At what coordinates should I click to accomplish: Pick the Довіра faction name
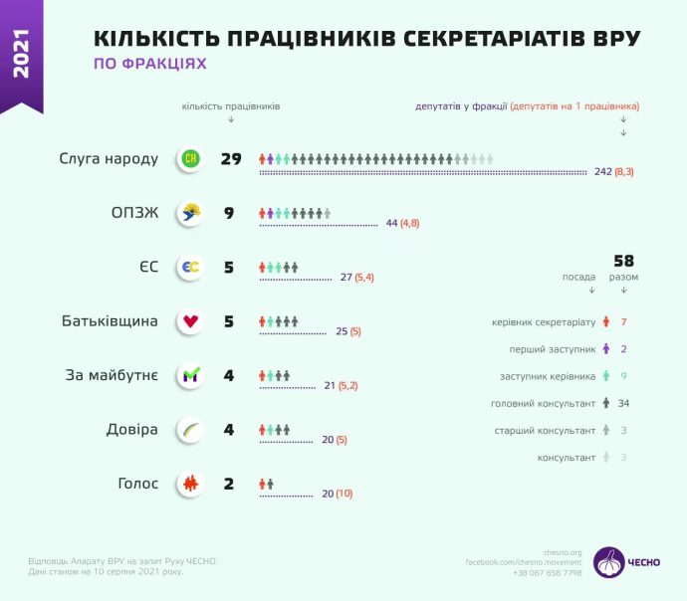[x=132, y=430]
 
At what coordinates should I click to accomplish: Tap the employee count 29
[x=232, y=159]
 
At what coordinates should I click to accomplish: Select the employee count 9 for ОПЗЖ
[x=229, y=212]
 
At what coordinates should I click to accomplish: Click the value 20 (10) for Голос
[x=337, y=494]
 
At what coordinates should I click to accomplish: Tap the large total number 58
[x=624, y=260]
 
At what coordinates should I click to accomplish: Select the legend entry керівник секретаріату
[x=544, y=322]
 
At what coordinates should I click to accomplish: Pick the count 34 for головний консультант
[x=623, y=403]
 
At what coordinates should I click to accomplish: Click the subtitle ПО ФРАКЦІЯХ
[x=150, y=64]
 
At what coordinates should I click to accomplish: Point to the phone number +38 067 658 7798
[x=549, y=573]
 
